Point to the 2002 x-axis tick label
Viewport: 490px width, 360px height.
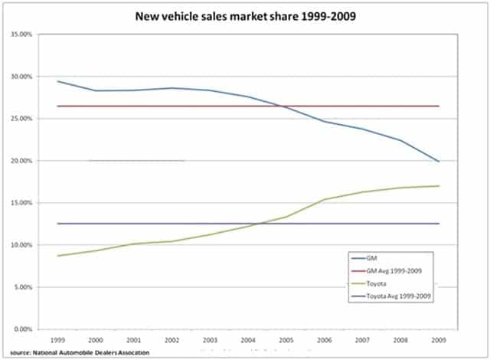(171, 338)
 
